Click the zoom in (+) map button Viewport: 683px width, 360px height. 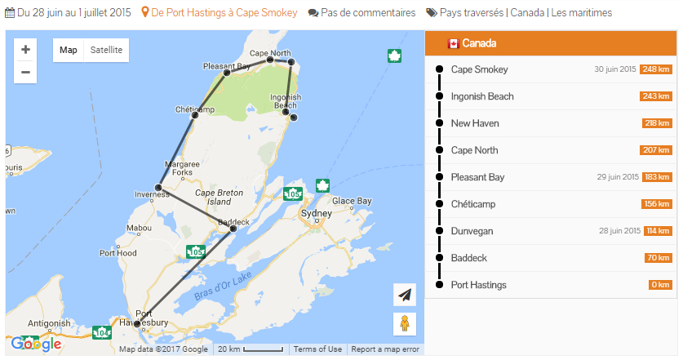coord(25,50)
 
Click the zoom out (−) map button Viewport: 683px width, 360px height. coord(25,72)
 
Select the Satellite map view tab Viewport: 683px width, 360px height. coord(106,50)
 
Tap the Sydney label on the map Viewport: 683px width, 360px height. coord(317,213)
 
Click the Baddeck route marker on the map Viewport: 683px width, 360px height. coord(233,229)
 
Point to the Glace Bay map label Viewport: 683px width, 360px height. coord(352,201)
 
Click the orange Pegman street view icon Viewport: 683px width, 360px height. coord(404,323)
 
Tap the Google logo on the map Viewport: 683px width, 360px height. coord(36,344)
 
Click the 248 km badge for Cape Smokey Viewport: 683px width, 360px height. coord(656,69)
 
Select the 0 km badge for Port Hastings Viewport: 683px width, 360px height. coord(660,285)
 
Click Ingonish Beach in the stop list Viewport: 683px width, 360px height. coord(482,96)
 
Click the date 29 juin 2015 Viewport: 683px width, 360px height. coord(616,177)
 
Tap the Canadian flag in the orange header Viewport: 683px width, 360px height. coord(453,43)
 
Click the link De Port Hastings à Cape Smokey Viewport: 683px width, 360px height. coord(222,13)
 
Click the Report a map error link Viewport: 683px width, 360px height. coord(385,349)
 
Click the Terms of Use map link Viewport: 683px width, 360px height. coord(317,349)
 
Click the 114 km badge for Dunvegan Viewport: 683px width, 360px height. coord(658,231)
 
